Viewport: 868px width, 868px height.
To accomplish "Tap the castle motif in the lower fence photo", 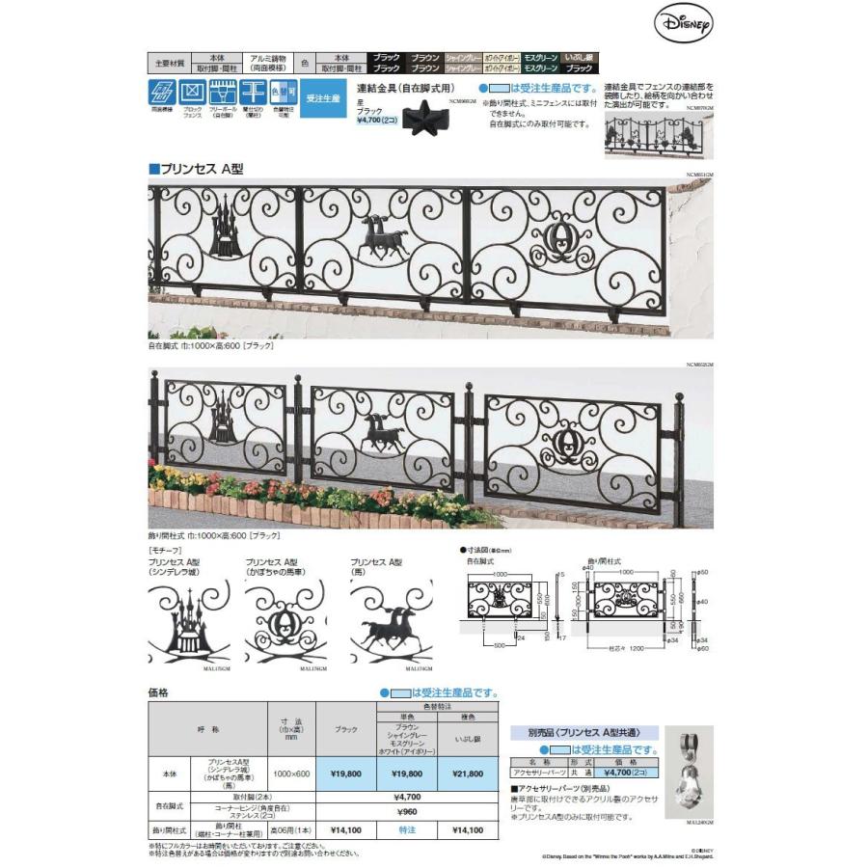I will (x=225, y=420).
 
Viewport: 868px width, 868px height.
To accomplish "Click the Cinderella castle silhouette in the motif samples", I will (x=189, y=627).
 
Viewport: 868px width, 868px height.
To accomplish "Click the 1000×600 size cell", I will (x=292, y=773).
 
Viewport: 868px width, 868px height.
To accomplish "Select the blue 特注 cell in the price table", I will (x=406, y=827).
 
